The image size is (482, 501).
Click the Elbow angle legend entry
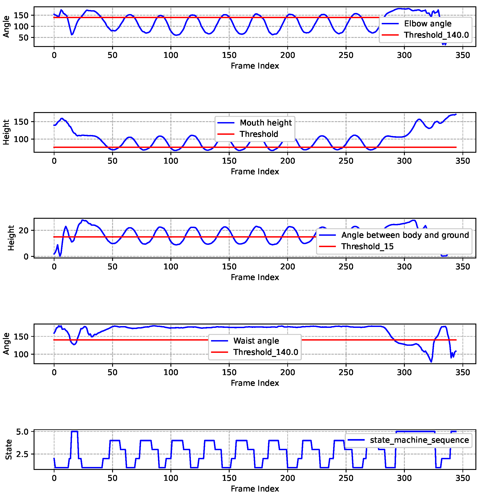tap(428, 24)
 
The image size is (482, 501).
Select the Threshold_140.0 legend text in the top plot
tap(436, 35)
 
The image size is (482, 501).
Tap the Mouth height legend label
tap(266, 123)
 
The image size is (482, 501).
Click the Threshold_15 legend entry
tap(367, 247)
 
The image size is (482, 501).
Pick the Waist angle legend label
tap(256, 341)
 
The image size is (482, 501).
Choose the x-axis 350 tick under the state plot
tap(462, 478)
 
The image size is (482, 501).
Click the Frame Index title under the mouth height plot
tap(255, 172)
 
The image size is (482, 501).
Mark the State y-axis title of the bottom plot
tap(9, 450)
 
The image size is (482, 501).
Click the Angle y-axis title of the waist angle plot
tap(6, 344)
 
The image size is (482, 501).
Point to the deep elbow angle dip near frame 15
tap(72, 34)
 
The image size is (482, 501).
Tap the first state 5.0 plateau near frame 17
tap(74, 432)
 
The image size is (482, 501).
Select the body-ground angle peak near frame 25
tap(83, 220)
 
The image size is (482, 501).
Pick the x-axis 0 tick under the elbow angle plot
tap(54, 55)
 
